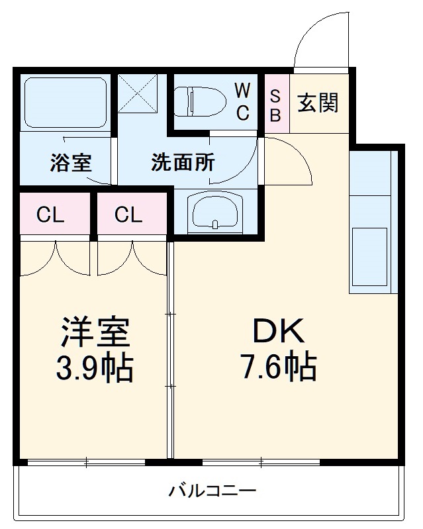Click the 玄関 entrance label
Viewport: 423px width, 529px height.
(x=318, y=103)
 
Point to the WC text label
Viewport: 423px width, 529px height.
(x=242, y=101)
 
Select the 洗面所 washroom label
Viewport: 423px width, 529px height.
(x=183, y=162)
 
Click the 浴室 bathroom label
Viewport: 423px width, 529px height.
(x=70, y=162)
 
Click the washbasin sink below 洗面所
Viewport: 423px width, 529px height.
(x=215, y=213)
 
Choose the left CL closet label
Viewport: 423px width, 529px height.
(x=50, y=215)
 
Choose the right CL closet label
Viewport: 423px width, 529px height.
(x=128, y=215)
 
